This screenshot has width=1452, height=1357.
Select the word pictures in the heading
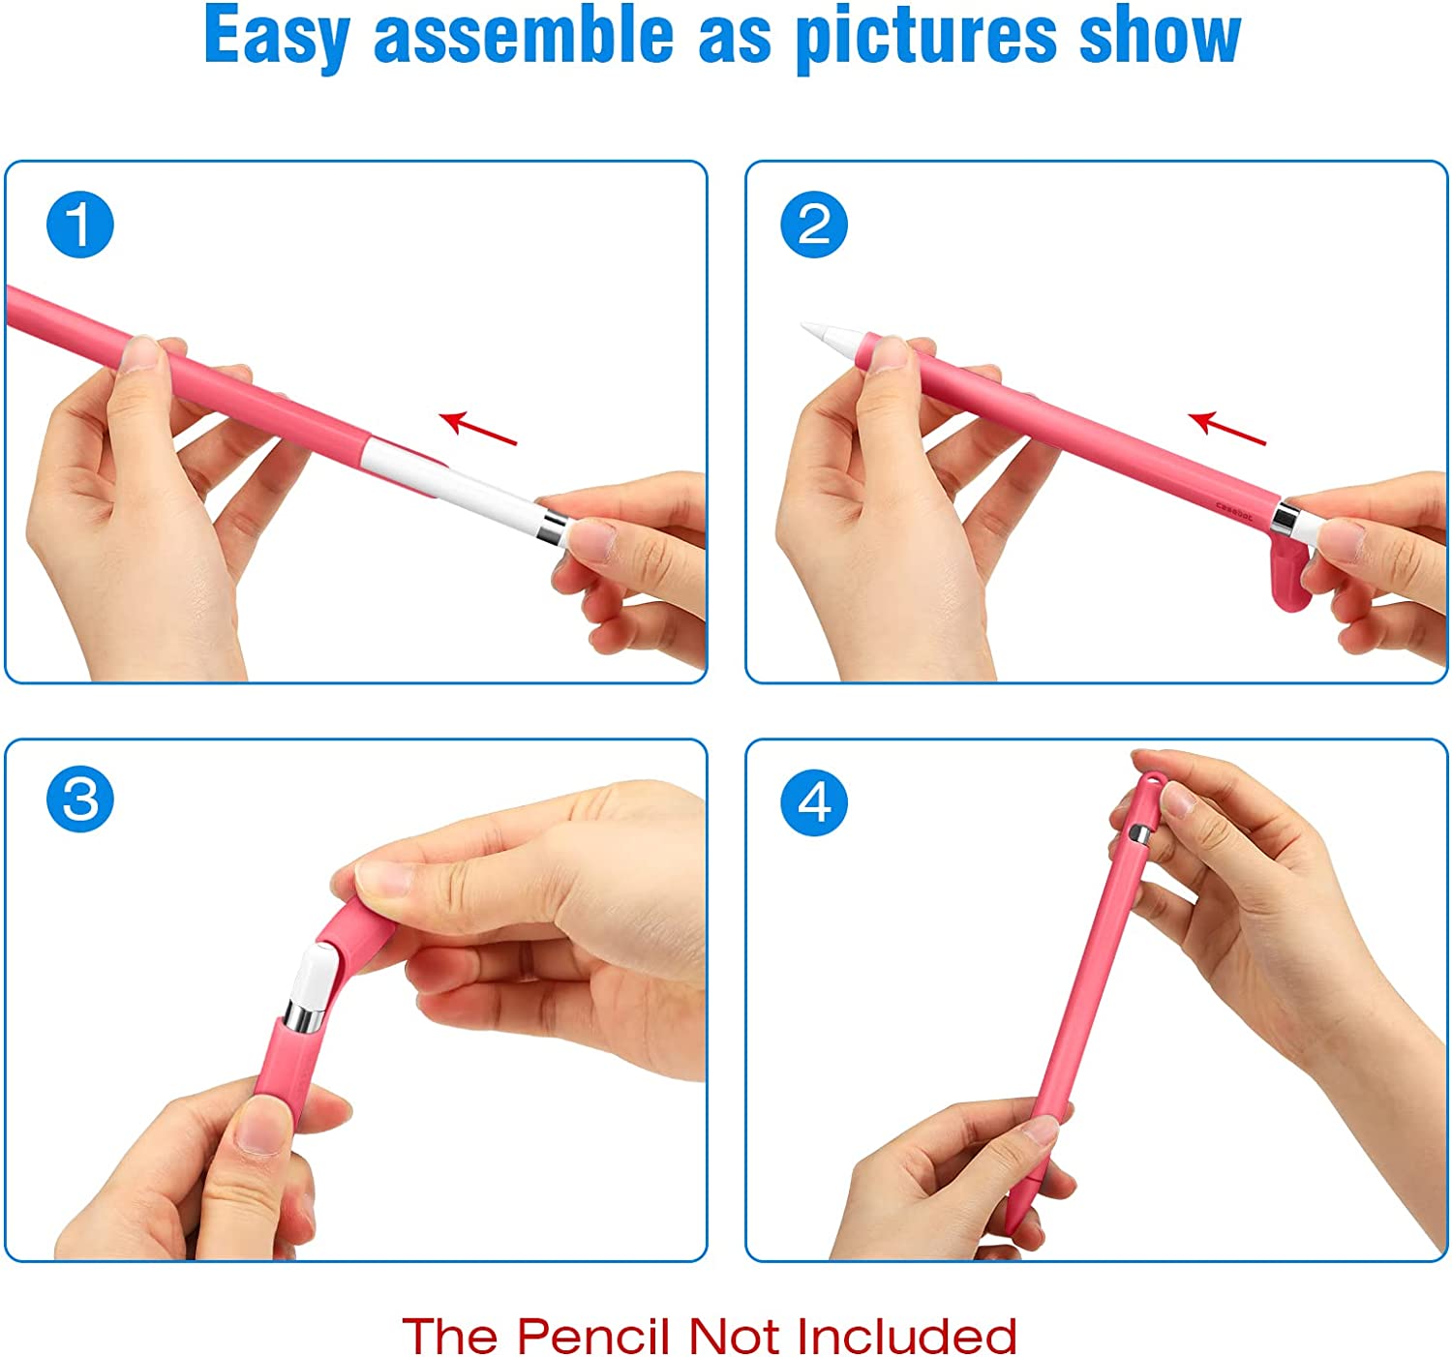(926, 37)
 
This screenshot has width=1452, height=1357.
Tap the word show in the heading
(1161, 36)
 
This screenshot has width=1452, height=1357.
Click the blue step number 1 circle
(79, 225)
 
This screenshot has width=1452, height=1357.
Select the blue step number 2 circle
(814, 225)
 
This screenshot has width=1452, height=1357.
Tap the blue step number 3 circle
(79, 799)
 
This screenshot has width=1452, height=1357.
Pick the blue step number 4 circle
(814, 802)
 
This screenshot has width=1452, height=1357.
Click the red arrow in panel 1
(478, 428)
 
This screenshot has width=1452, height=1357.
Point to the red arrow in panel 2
(1226, 428)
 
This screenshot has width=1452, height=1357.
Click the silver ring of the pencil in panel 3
(304, 1017)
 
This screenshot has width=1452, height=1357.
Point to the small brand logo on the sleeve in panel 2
(1234, 510)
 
